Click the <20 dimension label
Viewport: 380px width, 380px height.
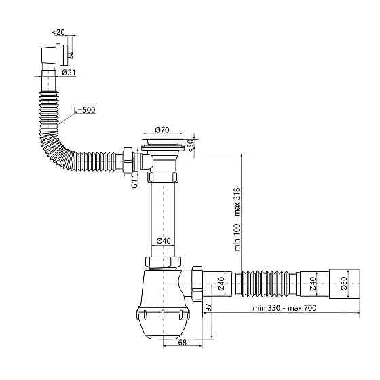point(58,32)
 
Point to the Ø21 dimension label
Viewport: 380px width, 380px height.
point(69,72)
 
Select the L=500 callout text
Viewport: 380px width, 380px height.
point(85,110)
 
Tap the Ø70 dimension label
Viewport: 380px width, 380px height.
point(162,130)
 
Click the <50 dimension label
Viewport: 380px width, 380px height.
point(191,146)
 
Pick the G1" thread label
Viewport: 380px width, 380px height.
point(134,182)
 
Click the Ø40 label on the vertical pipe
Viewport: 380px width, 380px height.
point(164,241)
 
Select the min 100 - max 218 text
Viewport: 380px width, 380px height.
point(237,218)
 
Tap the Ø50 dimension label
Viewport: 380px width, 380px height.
point(344,284)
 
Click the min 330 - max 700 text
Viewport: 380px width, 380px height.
point(284,308)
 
